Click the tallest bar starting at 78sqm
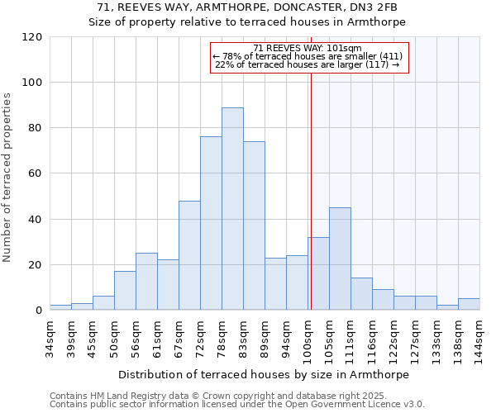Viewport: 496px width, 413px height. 232,209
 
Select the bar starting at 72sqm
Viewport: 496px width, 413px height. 211,223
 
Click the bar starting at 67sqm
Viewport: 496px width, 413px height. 189,255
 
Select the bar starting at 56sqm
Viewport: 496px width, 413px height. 146,282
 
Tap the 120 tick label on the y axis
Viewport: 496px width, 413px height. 32,37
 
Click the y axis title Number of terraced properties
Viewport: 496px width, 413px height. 7,178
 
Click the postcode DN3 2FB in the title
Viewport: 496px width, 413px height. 379,7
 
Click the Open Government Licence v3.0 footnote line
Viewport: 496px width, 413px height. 237,405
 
